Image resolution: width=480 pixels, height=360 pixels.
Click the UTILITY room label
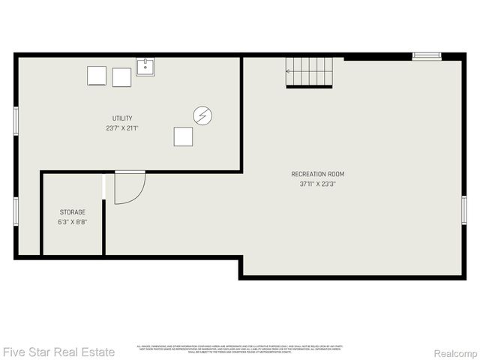pyautogui.click(x=122, y=118)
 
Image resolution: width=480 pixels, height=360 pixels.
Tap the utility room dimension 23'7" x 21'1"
pyautogui.click(x=122, y=128)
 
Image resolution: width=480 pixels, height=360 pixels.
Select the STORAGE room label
pyautogui.click(x=72, y=212)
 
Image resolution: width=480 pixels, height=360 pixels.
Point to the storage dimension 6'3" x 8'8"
pyautogui.click(x=72, y=222)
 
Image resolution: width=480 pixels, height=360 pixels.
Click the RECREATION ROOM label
pyautogui.click(x=317, y=174)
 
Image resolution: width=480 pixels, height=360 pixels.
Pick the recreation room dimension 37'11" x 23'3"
pyautogui.click(x=317, y=184)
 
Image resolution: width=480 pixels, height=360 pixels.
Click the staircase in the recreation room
pyautogui.click(x=309, y=72)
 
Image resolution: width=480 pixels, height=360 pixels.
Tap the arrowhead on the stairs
pyautogui.click(x=288, y=72)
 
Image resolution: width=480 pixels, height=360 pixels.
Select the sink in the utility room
pyautogui.click(x=145, y=67)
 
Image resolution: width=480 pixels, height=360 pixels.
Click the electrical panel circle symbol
pyautogui.click(x=202, y=115)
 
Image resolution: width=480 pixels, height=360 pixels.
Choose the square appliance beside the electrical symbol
pyautogui.click(x=183, y=136)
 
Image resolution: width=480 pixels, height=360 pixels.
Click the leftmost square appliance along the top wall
pyautogui.click(x=97, y=76)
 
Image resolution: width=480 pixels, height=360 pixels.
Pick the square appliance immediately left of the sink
pyautogui.click(x=121, y=77)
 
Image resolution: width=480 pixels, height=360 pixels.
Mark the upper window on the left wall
pyautogui.click(x=16, y=121)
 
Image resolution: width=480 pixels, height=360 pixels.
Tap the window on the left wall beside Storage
pyautogui.click(x=16, y=211)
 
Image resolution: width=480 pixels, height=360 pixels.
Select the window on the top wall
pyautogui.click(x=427, y=55)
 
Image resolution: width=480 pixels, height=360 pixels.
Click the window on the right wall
pyautogui.click(x=463, y=209)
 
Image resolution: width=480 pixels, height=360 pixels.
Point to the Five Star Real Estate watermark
pyautogui.click(x=58, y=351)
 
